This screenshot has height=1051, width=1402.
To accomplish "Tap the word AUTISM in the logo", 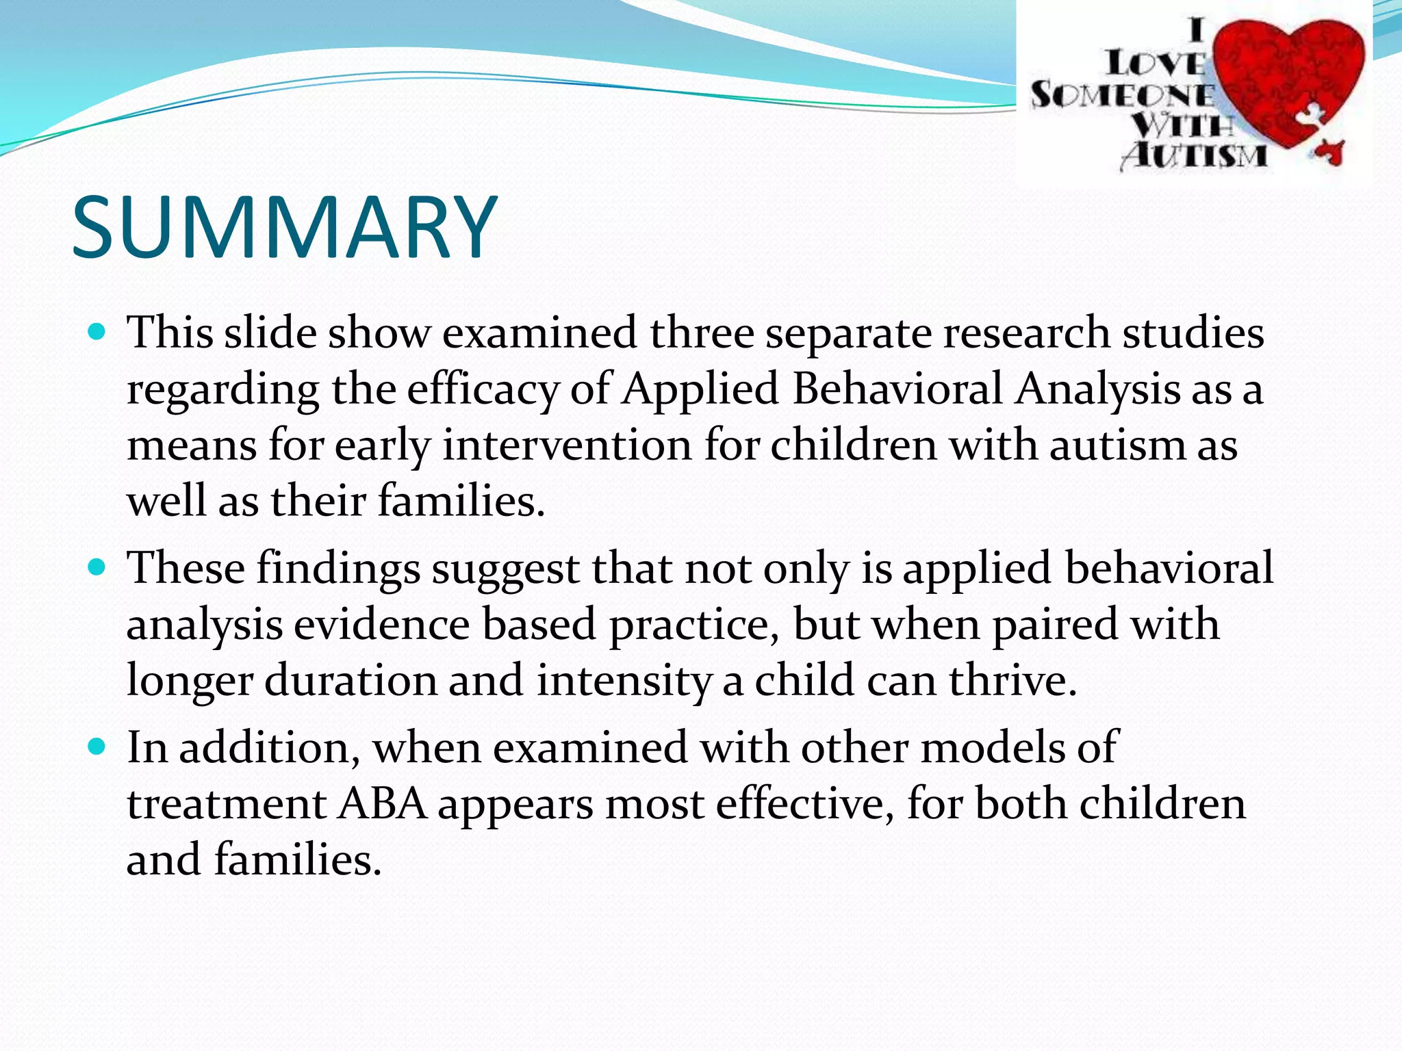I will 1195,155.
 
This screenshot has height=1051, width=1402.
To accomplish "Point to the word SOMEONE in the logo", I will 1123,95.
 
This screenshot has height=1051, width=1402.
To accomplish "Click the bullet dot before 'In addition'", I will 98,747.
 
